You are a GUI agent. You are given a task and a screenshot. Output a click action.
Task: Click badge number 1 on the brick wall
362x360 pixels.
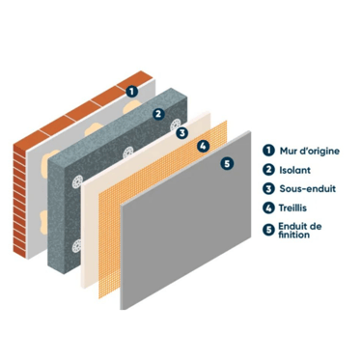pyautogui.click(x=131, y=92)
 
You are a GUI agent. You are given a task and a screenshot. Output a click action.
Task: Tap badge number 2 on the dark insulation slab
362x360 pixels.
pyautogui.click(x=158, y=114)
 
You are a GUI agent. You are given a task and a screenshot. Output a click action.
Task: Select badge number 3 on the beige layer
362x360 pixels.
pyautogui.click(x=182, y=133)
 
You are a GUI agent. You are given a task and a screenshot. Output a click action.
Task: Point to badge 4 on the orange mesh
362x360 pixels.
pyautogui.click(x=203, y=147)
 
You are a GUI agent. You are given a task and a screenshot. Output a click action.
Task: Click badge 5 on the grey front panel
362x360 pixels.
pyautogui.click(x=227, y=163)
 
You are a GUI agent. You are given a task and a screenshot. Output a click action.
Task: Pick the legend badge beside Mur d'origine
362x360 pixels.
pyautogui.click(x=268, y=151)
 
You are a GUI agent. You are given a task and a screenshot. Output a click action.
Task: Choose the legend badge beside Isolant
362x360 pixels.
pyautogui.click(x=268, y=170)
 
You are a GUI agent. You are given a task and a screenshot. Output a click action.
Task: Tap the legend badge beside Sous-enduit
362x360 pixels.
pyautogui.click(x=268, y=188)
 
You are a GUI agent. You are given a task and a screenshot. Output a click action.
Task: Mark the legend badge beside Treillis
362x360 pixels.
pyautogui.click(x=268, y=208)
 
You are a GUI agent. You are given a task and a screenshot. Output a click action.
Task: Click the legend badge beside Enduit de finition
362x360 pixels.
pyautogui.click(x=268, y=230)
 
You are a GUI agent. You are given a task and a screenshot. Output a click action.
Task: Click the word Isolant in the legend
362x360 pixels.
pyautogui.click(x=294, y=170)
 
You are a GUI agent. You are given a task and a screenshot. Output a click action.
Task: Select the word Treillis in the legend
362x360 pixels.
pyautogui.click(x=292, y=208)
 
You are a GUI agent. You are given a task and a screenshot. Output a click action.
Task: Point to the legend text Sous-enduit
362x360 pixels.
pyautogui.click(x=308, y=188)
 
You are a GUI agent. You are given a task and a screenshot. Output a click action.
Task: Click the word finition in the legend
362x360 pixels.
pyautogui.click(x=294, y=235)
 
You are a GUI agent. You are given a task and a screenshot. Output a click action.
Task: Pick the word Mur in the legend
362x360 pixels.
pyautogui.click(x=288, y=151)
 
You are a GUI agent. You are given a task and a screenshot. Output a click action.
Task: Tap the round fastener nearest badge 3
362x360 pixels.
pyautogui.click(x=176, y=125)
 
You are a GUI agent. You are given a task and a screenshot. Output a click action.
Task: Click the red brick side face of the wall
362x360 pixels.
pyautogui.click(x=19, y=201)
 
